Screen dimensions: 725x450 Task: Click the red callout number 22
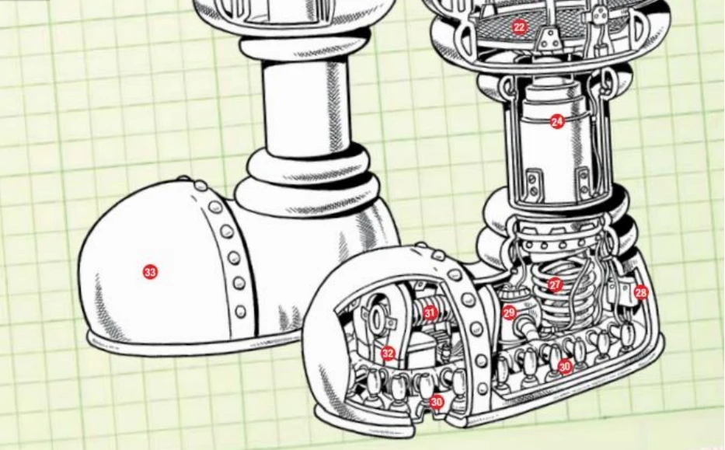pyautogui.click(x=519, y=27)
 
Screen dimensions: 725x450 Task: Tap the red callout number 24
pyautogui.click(x=557, y=122)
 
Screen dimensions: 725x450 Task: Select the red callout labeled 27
pyautogui.click(x=555, y=285)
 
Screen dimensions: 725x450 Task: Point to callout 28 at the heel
pyautogui.click(x=641, y=293)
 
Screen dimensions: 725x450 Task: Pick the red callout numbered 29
pyautogui.click(x=509, y=313)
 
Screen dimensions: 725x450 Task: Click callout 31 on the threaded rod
pyautogui.click(x=430, y=313)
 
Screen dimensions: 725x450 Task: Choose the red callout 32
pyautogui.click(x=388, y=354)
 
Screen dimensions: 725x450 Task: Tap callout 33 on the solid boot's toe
pyautogui.click(x=150, y=272)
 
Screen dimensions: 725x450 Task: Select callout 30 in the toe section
pyautogui.click(x=437, y=402)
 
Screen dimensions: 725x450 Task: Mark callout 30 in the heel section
pyautogui.click(x=565, y=367)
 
